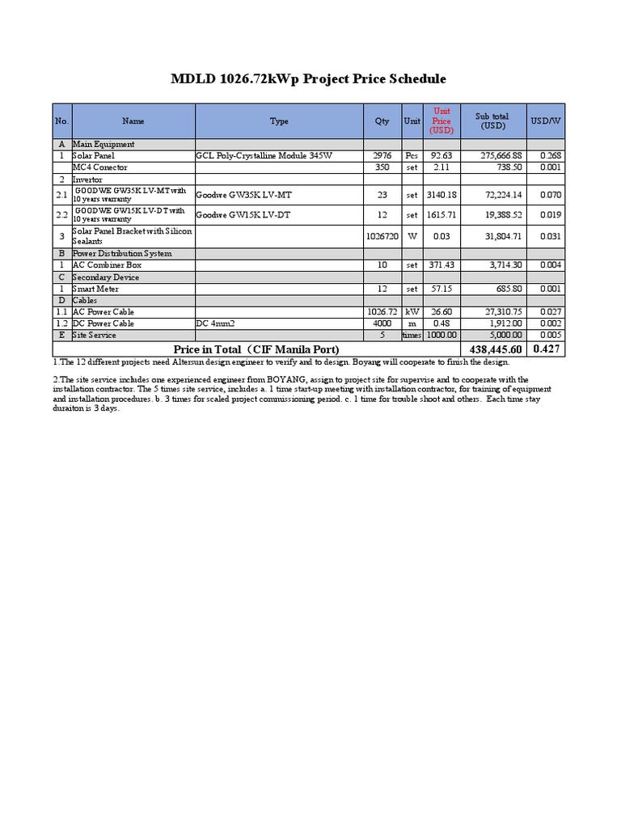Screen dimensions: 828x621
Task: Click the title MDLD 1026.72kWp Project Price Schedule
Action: (x=308, y=79)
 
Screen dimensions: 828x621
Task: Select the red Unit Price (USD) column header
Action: (x=441, y=120)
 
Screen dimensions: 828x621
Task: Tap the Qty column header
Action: (x=382, y=120)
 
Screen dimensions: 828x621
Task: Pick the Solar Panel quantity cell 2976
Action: (x=382, y=155)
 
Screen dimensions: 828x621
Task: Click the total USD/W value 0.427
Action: (x=547, y=349)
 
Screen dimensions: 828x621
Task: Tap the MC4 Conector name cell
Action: (x=95, y=167)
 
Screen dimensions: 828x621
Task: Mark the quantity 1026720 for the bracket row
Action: (x=382, y=236)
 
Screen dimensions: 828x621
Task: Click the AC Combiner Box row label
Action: (x=107, y=265)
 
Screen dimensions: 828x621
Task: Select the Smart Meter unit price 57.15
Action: (x=441, y=289)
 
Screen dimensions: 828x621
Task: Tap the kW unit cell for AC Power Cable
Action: (x=412, y=312)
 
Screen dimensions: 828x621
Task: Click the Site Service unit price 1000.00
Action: (x=441, y=335)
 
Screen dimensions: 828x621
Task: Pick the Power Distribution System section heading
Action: (x=122, y=253)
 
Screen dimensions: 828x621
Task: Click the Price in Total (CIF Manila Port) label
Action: (x=251, y=349)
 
